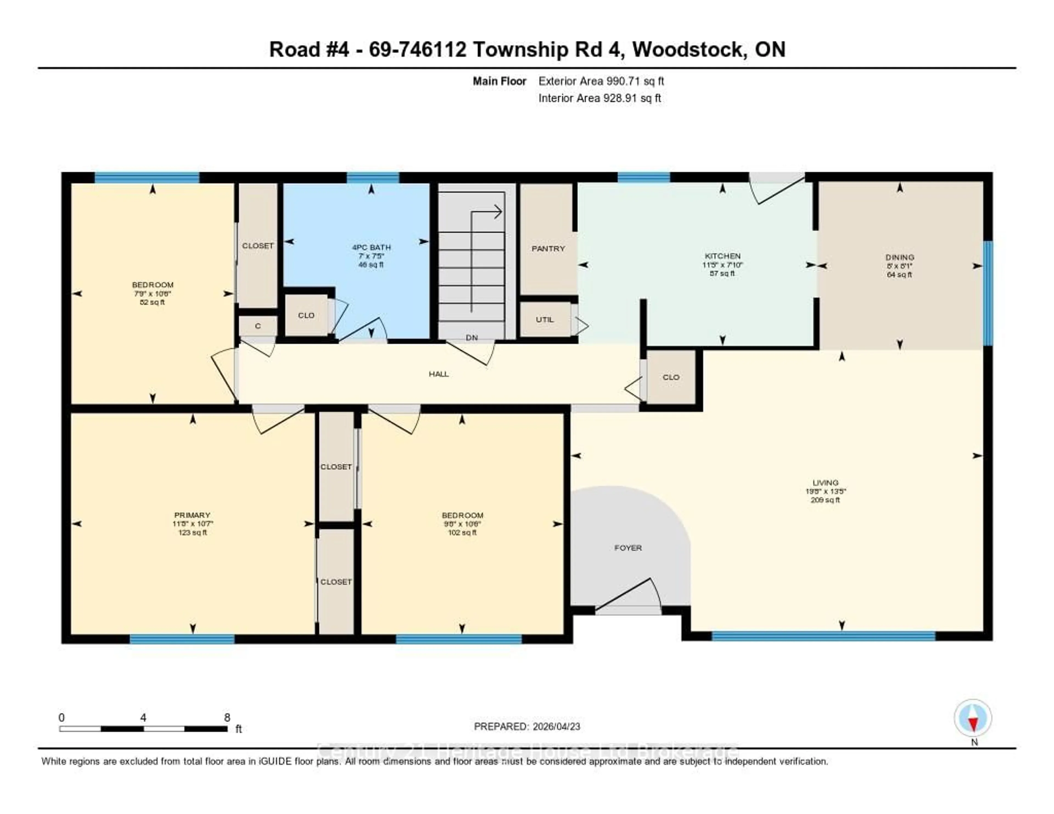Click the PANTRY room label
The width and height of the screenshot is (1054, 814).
(548, 248)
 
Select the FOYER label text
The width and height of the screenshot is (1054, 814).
(628, 548)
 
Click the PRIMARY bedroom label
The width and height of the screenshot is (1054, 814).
(192, 515)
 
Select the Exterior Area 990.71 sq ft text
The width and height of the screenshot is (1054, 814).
(601, 81)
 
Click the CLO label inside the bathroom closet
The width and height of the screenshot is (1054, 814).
(306, 316)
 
